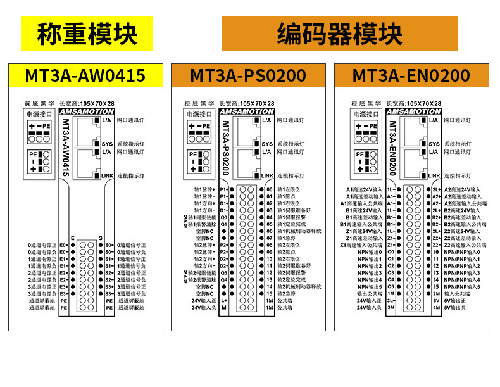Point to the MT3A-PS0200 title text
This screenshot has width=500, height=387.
248,75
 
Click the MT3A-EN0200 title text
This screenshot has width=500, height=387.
411,75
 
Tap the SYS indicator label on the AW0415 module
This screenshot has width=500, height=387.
107,144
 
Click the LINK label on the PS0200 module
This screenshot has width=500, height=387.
267,175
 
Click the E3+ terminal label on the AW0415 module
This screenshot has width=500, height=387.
63,286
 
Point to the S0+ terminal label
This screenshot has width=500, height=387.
108,244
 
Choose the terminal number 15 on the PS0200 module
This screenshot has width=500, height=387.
269,293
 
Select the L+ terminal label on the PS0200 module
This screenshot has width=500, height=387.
224,300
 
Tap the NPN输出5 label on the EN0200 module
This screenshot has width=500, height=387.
371,286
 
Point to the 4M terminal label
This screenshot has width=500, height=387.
436,307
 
